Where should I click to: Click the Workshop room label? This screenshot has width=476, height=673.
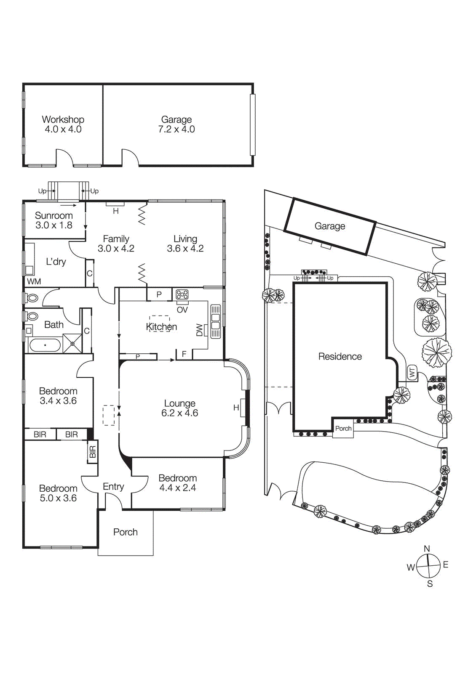pos(63,119)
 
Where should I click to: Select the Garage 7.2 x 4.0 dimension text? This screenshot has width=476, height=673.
pos(176,130)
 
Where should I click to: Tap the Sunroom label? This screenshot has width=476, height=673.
pos(53,215)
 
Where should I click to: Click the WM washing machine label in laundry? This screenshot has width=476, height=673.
pos(34,281)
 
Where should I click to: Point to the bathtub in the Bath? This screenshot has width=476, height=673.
pos(45,345)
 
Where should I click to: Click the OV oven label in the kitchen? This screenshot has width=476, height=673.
pos(182,310)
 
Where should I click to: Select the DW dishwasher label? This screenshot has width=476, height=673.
pos(200,330)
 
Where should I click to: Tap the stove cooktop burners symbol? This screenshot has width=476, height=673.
pos(182,294)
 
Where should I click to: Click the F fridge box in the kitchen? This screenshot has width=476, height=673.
pos(184,354)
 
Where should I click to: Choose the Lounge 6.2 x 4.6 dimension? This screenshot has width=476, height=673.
pos(179,413)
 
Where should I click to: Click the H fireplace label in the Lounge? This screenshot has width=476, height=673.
pos(236,408)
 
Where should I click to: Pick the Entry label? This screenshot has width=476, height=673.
pos(113,487)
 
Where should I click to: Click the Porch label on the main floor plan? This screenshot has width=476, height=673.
pos(125,532)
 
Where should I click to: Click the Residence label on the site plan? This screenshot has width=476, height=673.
pos(340,357)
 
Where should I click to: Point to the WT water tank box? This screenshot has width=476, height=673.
pos(412,373)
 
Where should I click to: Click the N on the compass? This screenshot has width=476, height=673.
pos(427,548)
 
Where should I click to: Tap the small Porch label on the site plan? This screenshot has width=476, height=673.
pos(343,429)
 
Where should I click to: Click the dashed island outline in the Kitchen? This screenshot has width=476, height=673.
pos(160,323)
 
